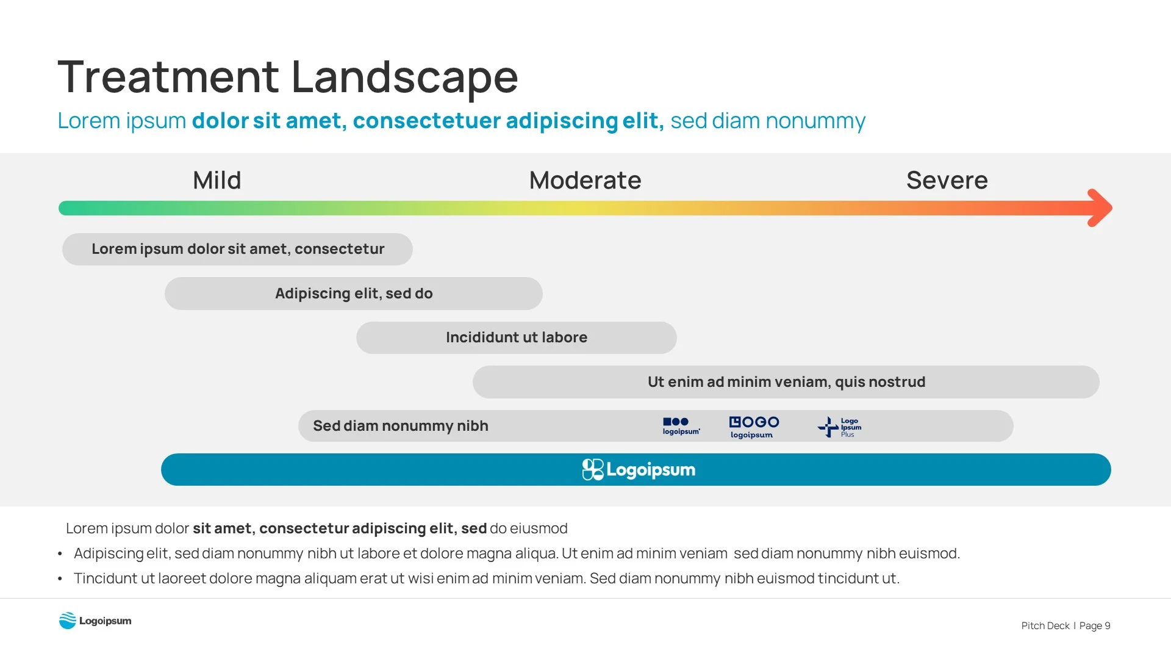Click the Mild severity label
[x=217, y=181]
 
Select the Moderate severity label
[x=585, y=181]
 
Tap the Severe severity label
[x=947, y=181]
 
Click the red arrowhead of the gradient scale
[x=1100, y=208]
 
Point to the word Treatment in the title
[x=168, y=77]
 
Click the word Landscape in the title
[x=404, y=77]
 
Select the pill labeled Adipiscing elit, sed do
[x=354, y=293]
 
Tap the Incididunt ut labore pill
[x=516, y=337]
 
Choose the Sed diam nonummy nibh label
[x=400, y=426]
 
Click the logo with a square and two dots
[x=681, y=426]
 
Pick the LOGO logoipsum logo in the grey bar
[x=754, y=427]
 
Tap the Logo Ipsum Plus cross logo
[x=839, y=427]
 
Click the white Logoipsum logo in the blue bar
[x=638, y=470]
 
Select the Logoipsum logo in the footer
[x=95, y=621]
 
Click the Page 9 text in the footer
[x=1095, y=625]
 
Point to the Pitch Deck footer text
[x=1045, y=625]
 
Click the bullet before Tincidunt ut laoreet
[x=60, y=578]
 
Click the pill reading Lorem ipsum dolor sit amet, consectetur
[x=237, y=249]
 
